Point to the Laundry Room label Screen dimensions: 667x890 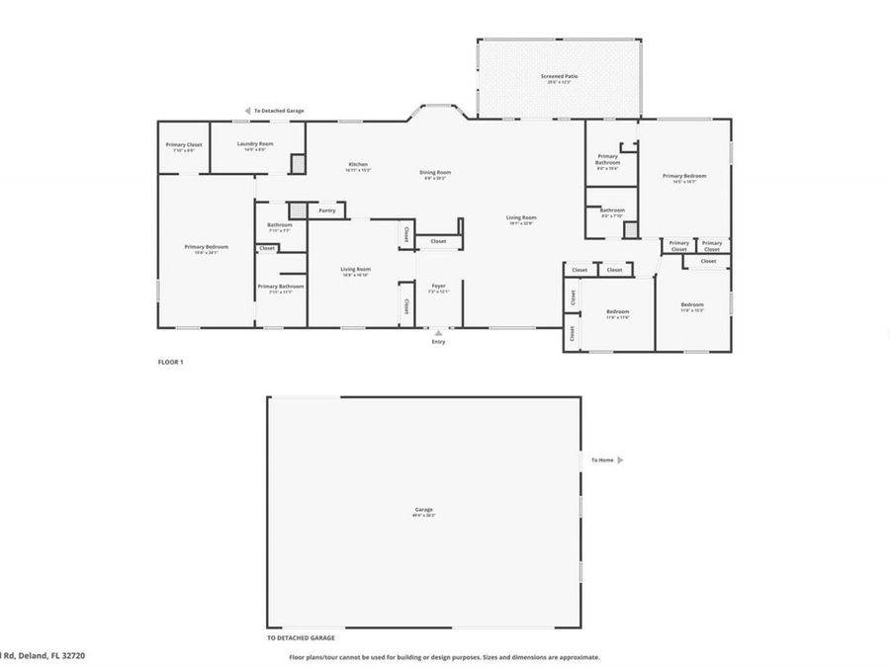click(x=255, y=144)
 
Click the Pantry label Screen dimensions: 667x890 click(x=326, y=210)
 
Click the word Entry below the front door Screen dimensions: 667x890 click(x=438, y=342)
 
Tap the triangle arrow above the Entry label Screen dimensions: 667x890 click(x=438, y=333)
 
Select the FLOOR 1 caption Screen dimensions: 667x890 click(x=171, y=362)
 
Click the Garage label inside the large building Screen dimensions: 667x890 click(x=424, y=510)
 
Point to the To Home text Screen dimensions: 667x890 click(x=602, y=459)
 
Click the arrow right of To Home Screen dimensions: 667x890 click(x=620, y=459)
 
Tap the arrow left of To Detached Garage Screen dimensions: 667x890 click(x=247, y=111)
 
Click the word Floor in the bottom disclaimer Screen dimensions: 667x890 click(x=297, y=657)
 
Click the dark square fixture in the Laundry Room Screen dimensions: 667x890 click(x=297, y=165)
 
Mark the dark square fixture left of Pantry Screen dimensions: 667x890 click(x=296, y=210)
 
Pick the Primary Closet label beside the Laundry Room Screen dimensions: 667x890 click(x=186, y=145)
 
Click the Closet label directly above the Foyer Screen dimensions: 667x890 click(x=438, y=241)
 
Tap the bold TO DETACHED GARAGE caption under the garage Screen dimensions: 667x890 click(x=301, y=638)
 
